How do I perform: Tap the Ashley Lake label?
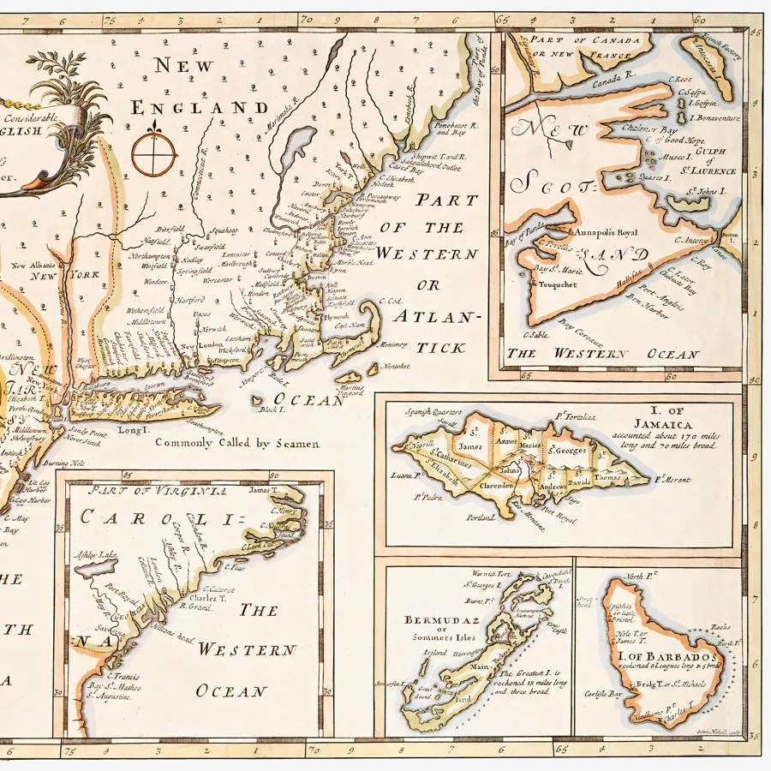click(x=97, y=554)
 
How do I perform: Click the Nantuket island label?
click(x=392, y=366)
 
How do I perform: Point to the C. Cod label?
click(x=389, y=302)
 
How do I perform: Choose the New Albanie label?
click(x=31, y=266)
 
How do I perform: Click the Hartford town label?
click(x=192, y=300)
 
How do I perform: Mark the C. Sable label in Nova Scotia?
click(x=534, y=334)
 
